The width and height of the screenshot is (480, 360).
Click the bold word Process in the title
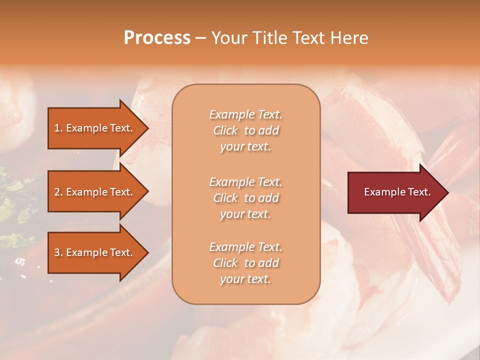(x=157, y=38)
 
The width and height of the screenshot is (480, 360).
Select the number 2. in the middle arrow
(x=58, y=192)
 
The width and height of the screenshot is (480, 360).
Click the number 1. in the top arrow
(x=58, y=128)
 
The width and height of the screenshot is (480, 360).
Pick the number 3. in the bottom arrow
(x=58, y=253)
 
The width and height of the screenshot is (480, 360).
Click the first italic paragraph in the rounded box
(x=245, y=130)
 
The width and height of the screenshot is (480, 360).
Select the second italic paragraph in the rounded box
(x=245, y=198)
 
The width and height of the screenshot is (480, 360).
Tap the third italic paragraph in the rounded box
(x=245, y=263)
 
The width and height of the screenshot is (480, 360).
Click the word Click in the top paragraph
(x=225, y=131)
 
